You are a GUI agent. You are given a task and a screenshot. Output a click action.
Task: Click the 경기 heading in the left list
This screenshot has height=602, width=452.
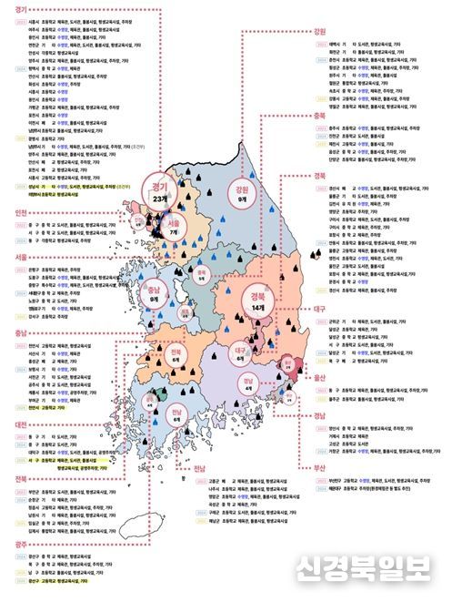12,6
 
